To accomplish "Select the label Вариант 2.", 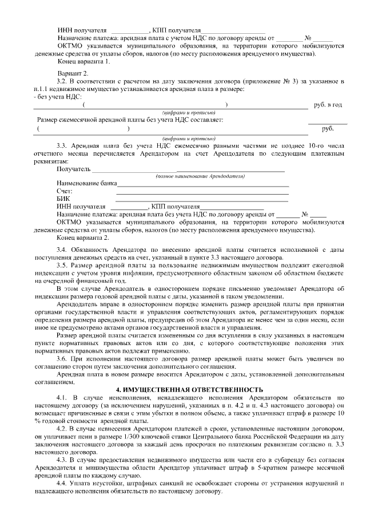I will click(73, 74).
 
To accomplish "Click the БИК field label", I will click(63, 198).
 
